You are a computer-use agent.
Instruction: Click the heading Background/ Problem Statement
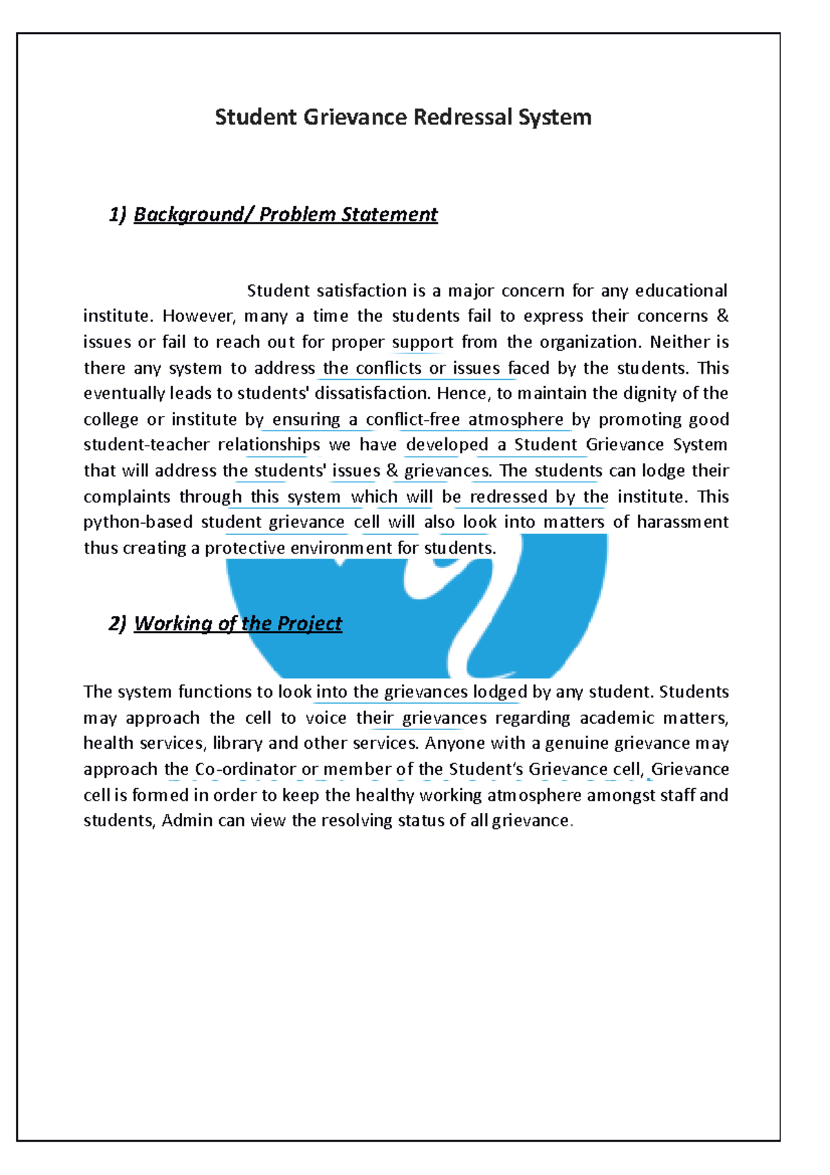pos(285,215)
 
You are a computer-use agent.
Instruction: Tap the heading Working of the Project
pos(238,623)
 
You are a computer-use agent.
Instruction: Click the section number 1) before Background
pos(118,215)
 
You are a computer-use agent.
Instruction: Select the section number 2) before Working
pos(118,623)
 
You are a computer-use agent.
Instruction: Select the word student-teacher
pos(146,445)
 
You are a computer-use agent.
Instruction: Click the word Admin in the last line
pos(186,821)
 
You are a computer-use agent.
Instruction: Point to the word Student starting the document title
pos(255,117)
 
